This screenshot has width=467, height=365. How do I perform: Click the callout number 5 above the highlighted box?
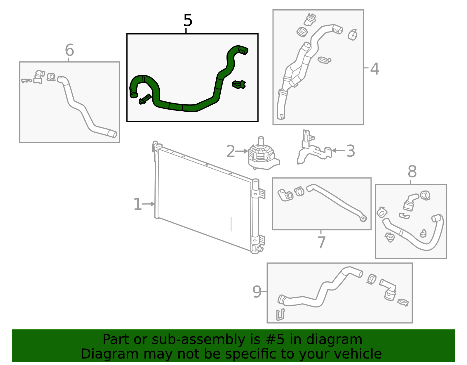[x=188, y=20]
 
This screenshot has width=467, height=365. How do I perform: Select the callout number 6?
[x=69, y=50]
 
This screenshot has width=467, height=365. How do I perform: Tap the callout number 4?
[x=374, y=69]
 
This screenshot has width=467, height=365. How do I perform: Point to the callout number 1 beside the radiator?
[x=137, y=204]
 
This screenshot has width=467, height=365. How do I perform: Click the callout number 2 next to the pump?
[x=231, y=151]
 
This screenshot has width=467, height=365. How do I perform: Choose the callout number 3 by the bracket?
[x=350, y=151]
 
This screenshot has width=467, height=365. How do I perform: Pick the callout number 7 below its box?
[x=321, y=242]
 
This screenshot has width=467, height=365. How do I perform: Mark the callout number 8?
[x=412, y=172]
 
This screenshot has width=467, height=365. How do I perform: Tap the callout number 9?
[x=257, y=292]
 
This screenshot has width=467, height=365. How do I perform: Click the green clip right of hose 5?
[x=239, y=84]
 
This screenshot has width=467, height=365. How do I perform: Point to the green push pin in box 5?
[x=145, y=99]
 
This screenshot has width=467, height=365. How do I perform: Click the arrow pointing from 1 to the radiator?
[x=149, y=204]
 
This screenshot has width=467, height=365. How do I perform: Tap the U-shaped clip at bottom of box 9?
[x=280, y=315]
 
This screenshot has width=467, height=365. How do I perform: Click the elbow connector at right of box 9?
[x=389, y=289]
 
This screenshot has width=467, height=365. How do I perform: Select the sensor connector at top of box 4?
[x=310, y=19]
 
